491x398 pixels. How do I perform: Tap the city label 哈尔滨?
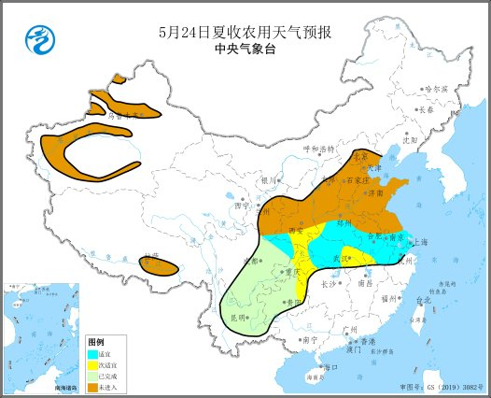(x=436, y=89)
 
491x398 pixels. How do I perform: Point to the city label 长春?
(x=426, y=109)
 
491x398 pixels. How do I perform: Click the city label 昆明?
(x=239, y=319)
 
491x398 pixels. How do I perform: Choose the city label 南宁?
(x=309, y=339)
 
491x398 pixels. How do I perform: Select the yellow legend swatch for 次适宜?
(x=92, y=366)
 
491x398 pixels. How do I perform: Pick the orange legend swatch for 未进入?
(x=92, y=386)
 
